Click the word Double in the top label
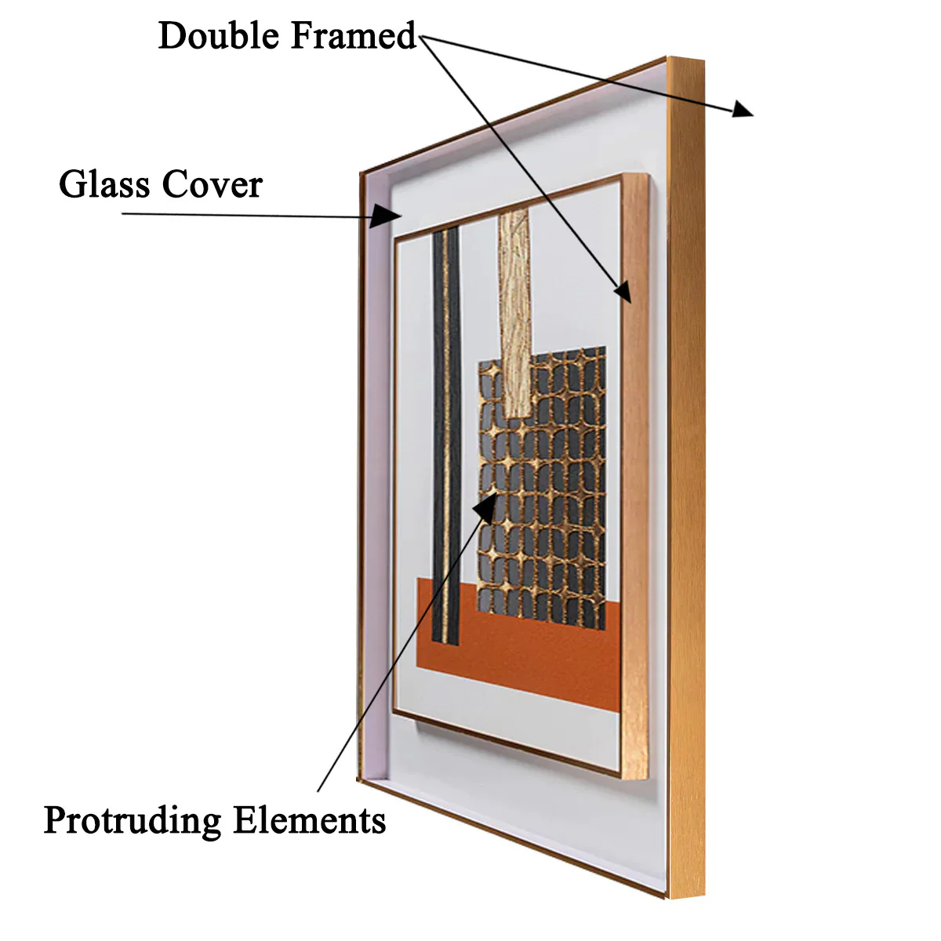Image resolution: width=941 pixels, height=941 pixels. pos(219,35)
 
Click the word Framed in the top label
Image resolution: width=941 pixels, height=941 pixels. pos(353,35)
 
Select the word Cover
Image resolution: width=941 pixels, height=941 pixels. pos(212,184)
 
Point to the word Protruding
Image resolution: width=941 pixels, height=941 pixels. pos(133,820)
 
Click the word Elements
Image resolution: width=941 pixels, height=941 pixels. pos(309,819)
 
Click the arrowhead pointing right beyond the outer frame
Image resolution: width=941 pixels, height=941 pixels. pos(743,109)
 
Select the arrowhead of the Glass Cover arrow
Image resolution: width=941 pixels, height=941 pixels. pos(386,216)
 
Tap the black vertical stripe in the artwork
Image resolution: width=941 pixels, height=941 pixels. pos(446,434)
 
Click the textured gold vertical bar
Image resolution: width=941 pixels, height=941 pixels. pos(514,314)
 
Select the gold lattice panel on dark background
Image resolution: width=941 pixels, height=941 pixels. pos(542,487)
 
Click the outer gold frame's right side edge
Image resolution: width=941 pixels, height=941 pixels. pos(685,477)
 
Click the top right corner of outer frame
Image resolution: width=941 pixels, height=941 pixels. pos(703,60)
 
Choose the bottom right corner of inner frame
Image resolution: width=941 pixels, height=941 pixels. pos(648,779)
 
